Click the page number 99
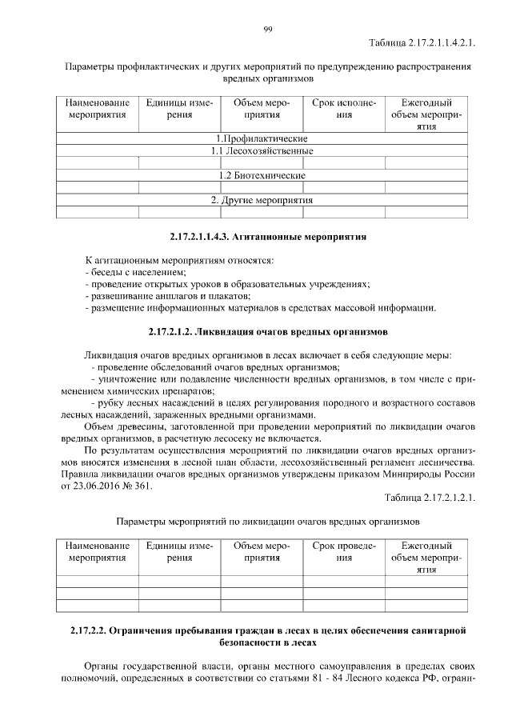click(268, 30)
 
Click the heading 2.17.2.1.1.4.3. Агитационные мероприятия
click(268, 237)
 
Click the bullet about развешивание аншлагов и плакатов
click(156, 296)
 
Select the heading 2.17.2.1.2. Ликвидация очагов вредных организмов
click(268, 330)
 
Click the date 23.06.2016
click(102, 486)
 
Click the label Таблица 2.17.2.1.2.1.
click(430, 498)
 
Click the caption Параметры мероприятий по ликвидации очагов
click(268, 522)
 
